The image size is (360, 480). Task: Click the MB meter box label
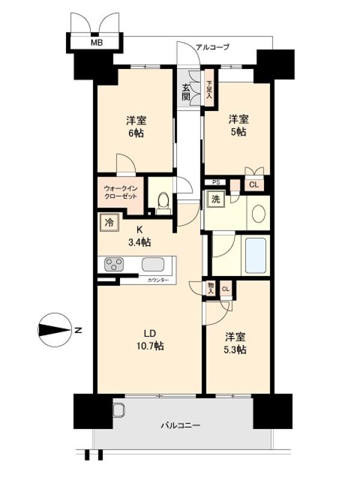95,43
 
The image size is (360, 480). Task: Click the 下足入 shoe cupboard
209,90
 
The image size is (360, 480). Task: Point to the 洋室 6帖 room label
135,125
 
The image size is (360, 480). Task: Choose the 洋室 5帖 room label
237,125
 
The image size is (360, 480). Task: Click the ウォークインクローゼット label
122,192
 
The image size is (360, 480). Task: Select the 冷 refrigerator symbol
109,223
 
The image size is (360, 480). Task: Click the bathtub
256,255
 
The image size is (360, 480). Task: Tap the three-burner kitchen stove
115,264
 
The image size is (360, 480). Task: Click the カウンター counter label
157,280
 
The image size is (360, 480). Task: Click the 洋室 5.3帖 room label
235,343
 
